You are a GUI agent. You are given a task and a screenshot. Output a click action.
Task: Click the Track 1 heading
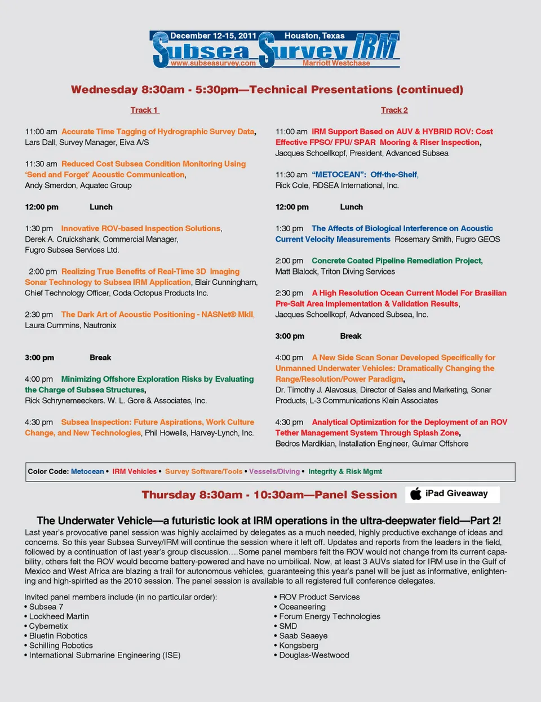[144, 110]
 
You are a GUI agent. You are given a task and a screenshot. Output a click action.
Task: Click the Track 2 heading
[394, 110]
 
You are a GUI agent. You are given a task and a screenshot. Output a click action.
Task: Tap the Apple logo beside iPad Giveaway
[416, 494]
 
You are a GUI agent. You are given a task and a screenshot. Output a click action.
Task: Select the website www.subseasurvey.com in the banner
[213, 63]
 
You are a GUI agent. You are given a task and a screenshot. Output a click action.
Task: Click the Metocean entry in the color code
[87, 471]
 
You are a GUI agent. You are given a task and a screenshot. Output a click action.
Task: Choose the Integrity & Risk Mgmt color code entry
[345, 471]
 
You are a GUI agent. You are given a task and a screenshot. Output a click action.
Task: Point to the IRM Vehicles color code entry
[134, 471]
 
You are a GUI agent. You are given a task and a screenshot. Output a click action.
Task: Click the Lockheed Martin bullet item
[59, 616]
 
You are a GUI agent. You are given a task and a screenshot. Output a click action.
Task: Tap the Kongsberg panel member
[298, 645]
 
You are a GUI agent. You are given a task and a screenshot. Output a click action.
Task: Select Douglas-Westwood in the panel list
[314, 655]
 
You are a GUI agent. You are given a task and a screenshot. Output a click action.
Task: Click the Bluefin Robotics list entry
[58, 635]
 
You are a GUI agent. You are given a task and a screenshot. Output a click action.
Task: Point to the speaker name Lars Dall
[39, 142]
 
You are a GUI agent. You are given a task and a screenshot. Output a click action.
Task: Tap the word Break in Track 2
[351, 336]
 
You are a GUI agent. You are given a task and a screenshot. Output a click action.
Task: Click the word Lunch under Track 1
[101, 207]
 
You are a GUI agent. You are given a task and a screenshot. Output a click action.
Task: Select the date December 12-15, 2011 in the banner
[213, 36]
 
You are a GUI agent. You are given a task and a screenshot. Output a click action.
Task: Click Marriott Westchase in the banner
[336, 63]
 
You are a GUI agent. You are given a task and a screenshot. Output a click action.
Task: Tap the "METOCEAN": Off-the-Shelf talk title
[365, 175]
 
